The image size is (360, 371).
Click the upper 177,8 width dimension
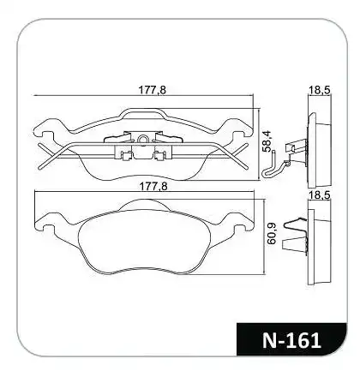pos(153,90)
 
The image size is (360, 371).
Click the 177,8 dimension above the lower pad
pos(153,187)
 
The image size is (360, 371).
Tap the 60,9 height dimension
pos(272,233)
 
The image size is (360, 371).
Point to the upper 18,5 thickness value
pos(319,90)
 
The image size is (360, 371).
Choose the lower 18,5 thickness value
pos(319,195)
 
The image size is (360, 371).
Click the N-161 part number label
pos(291,340)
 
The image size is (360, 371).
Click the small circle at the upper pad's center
pos(142,140)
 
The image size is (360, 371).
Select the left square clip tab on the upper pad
pos(125,156)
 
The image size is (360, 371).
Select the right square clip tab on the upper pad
pos(159,156)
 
